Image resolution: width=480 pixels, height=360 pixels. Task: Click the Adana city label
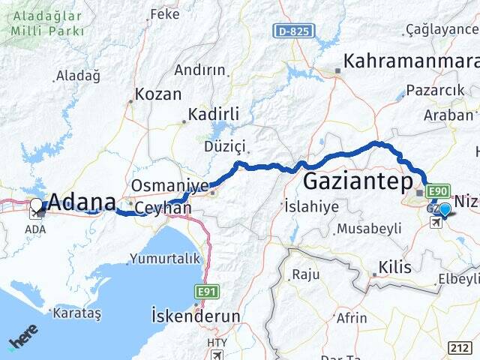(x=82, y=202)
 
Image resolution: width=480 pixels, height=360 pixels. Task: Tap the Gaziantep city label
(x=358, y=182)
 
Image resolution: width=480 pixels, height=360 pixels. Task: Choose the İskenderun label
(x=196, y=316)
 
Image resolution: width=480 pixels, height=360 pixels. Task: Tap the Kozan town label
(x=158, y=94)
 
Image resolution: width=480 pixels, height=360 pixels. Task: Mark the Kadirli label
(x=213, y=114)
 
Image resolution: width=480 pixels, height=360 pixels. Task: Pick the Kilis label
(x=395, y=266)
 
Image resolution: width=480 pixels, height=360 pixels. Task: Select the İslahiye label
(x=312, y=206)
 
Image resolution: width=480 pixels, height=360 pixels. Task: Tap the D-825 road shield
(x=293, y=31)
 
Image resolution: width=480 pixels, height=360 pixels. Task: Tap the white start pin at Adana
(x=36, y=204)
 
